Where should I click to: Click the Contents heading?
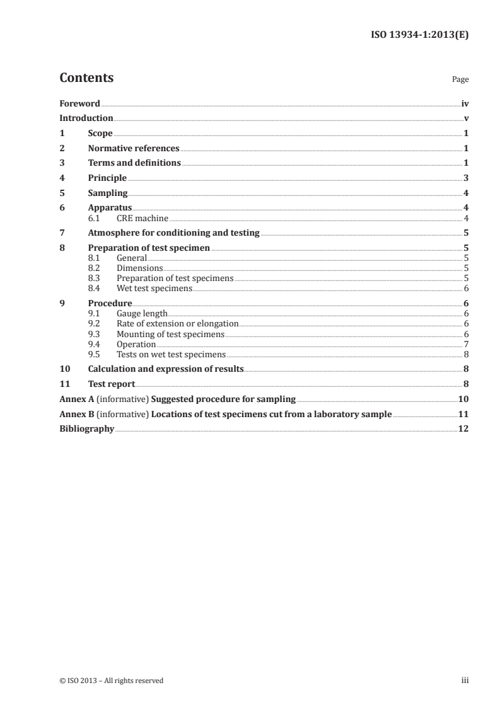(86, 78)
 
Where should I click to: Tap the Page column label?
(460, 80)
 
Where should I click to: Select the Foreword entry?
(79, 103)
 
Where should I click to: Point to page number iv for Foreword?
(465, 103)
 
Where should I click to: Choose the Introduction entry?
(86, 118)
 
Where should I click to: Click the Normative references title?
(134, 149)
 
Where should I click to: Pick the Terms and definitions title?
(134, 163)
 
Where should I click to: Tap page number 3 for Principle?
(465, 178)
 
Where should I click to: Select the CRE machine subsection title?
(142, 218)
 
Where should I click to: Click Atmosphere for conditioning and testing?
(173, 233)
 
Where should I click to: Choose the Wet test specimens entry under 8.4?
(154, 288)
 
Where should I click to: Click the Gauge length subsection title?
(142, 313)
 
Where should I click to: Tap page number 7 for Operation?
(466, 344)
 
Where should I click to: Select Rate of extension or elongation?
(177, 323)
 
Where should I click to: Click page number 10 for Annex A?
(463, 399)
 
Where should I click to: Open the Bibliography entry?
(86, 429)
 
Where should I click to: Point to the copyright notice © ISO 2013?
(111, 681)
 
